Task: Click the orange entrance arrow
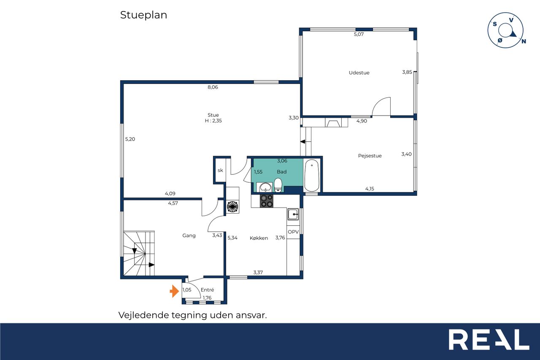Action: pos(174,291)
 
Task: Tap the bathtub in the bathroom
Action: pos(312,176)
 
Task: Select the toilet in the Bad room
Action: pos(278,185)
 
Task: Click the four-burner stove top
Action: pos(266,201)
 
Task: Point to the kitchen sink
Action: pos(293,214)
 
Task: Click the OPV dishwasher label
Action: pos(293,232)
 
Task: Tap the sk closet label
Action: pos(220,170)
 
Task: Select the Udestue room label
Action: pos(359,73)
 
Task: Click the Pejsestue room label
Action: pos(370,156)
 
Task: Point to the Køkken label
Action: pos(259,238)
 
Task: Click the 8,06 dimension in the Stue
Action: pos(213,87)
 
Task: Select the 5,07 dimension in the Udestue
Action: pos(359,34)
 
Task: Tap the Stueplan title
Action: pos(143,15)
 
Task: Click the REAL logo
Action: pos(489,339)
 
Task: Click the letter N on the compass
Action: pos(524,41)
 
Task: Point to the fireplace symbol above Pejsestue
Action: pos(333,122)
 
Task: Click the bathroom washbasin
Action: pos(265,187)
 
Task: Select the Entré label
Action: pos(207,290)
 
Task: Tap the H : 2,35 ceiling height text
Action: pos(213,121)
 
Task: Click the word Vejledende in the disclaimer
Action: pos(144,315)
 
